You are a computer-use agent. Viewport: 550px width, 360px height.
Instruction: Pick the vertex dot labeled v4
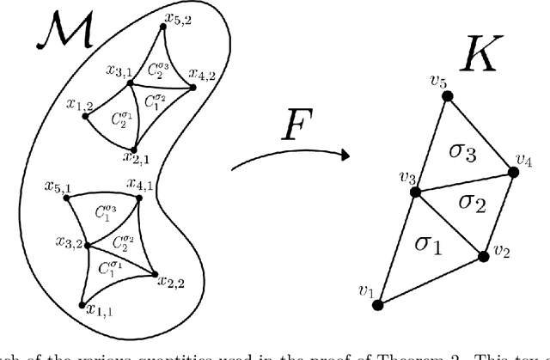click(514, 172)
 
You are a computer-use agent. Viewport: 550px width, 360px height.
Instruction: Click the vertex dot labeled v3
click(415, 192)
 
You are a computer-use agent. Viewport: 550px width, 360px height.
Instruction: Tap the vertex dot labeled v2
click(481, 254)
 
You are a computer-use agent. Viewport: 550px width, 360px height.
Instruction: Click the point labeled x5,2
click(159, 25)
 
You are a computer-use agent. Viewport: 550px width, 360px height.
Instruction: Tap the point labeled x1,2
click(84, 117)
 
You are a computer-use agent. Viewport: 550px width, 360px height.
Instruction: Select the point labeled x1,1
click(82, 305)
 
